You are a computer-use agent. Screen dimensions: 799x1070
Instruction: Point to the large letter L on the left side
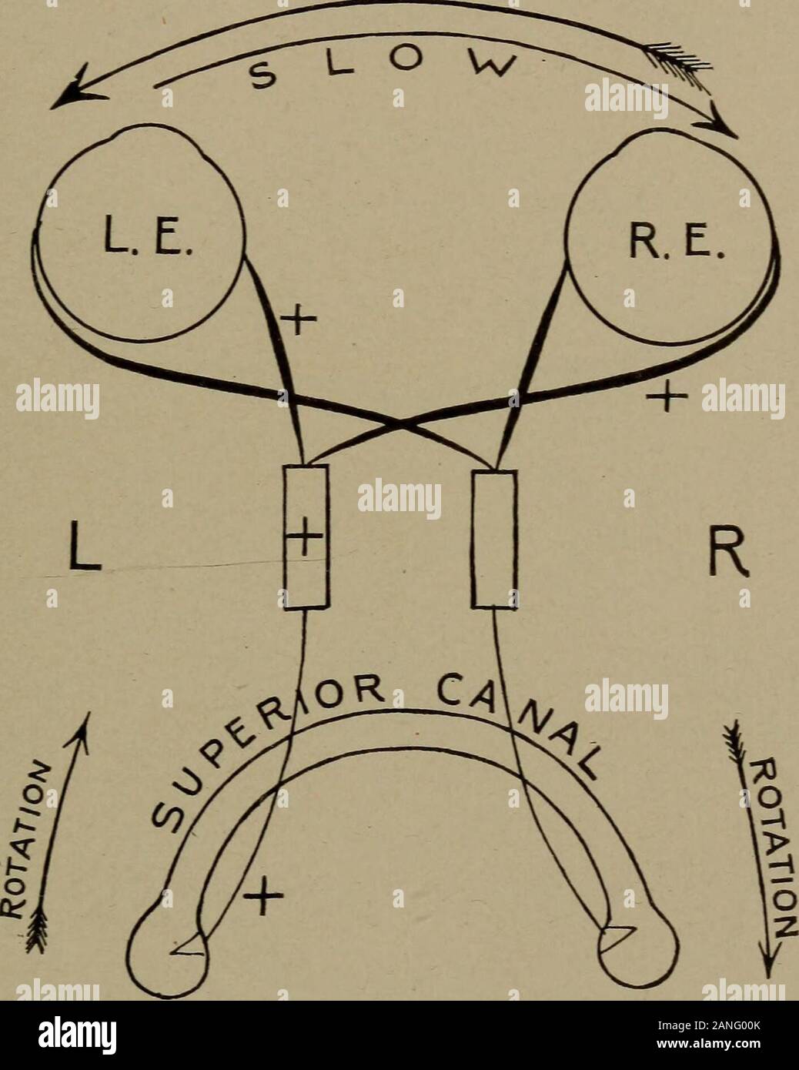85,548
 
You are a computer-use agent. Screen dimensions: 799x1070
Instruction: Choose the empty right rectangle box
495,540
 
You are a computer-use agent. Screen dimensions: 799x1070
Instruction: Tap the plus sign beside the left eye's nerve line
299,319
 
